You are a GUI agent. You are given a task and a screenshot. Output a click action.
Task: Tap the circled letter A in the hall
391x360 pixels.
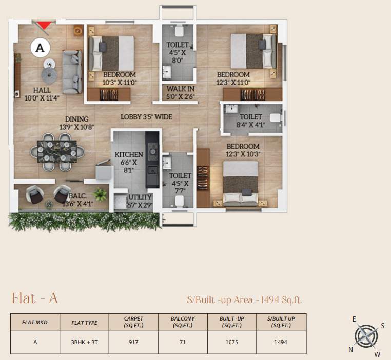click(x=41, y=48)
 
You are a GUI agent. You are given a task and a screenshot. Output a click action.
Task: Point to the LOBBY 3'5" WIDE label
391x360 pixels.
click(x=146, y=117)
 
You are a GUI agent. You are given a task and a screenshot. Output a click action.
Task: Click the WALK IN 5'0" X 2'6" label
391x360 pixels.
click(x=180, y=92)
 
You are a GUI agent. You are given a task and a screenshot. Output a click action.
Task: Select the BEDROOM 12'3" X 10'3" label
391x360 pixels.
click(x=244, y=150)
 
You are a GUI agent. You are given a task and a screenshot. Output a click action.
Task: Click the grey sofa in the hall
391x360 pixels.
click(x=72, y=71)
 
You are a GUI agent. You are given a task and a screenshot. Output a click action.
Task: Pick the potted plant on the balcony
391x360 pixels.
click(x=101, y=194)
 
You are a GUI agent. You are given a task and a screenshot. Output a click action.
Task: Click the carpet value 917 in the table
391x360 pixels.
click(x=133, y=343)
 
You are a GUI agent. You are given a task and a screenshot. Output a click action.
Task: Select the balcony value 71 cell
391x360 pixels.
click(x=183, y=343)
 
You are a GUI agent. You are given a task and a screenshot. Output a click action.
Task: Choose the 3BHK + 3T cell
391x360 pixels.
click(x=84, y=343)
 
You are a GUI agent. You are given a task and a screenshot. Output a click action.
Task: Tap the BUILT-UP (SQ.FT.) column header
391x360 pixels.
click(x=231, y=322)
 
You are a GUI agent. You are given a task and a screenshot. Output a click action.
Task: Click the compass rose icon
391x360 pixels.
click(x=366, y=336)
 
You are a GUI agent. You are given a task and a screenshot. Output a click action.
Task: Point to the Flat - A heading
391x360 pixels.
click(x=35, y=298)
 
